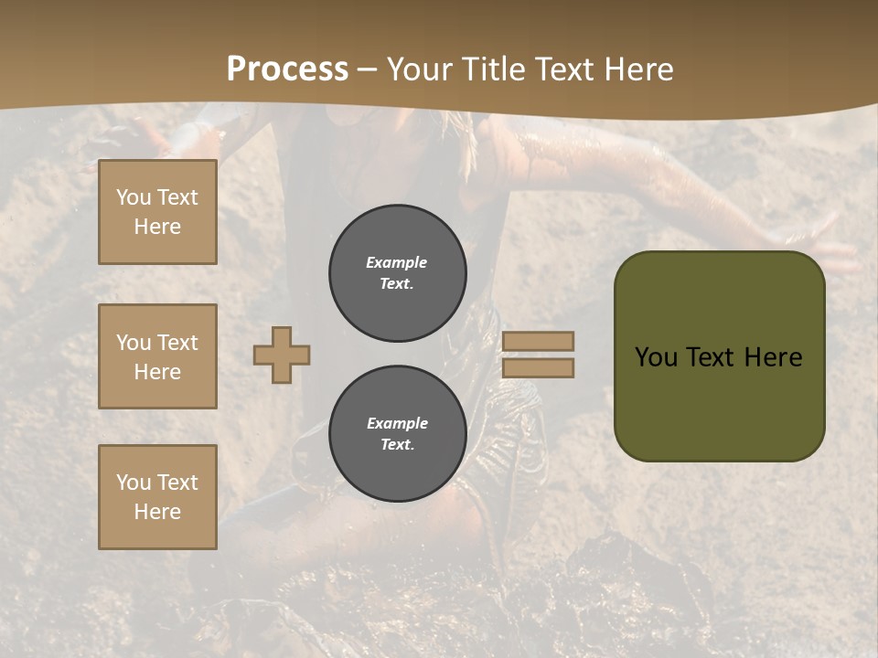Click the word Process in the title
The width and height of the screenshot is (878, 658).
(x=287, y=69)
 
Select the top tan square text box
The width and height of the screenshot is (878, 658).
(x=157, y=212)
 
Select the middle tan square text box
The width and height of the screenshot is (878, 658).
(x=157, y=356)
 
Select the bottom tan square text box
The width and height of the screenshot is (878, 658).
(x=157, y=497)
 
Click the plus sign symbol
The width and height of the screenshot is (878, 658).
(x=282, y=356)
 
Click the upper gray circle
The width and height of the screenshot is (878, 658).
(x=397, y=272)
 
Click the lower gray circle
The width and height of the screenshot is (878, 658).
(x=397, y=433)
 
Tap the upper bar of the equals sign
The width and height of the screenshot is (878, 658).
(x=538, y=342)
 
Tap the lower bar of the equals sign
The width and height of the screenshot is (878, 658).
(x=538, y=368)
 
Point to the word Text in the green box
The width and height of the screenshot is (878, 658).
(x=718, y=357)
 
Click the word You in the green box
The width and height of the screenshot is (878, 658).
(x=656, y=357)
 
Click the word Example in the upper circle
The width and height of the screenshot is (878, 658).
(x=397, y=262)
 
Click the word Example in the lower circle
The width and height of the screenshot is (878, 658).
(x=397, y=423)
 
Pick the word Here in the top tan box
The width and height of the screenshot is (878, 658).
(x=157, y=227)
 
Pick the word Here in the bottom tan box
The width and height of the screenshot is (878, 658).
(x=157, y=512)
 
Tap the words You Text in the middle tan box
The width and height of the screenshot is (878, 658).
(x=157, y=343)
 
